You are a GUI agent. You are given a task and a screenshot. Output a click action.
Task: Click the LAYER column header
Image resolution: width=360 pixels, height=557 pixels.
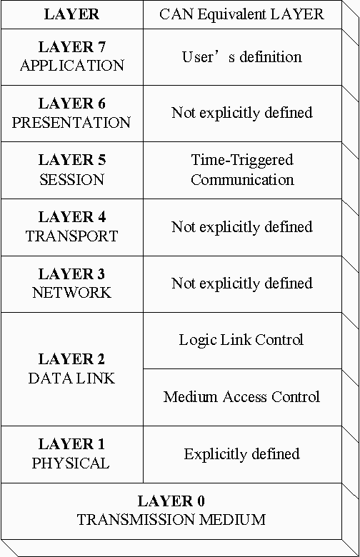click(71, 14)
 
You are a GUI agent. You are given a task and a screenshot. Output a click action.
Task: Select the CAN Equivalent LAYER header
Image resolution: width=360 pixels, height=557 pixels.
click(242, 14)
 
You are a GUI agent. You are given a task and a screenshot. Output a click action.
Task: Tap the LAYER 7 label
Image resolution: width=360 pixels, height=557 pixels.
click(71, 47)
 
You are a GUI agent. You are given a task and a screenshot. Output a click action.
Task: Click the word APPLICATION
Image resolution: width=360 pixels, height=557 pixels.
click(71, 66)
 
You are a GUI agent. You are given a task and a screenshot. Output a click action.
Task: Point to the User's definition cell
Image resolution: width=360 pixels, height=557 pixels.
click(242, 56)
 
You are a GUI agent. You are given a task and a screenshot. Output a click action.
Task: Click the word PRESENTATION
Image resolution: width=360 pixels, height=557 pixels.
click(71, 122)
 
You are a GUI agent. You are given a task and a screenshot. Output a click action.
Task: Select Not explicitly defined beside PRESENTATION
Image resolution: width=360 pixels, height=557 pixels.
click(242, 113)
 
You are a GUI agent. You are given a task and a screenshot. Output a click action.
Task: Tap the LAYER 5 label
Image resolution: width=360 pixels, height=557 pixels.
click(71, 160)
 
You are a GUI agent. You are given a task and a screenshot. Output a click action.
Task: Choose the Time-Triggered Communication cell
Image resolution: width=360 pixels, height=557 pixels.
click(242, 170)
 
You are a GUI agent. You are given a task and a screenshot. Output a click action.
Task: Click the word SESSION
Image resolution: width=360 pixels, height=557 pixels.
click(71, 179)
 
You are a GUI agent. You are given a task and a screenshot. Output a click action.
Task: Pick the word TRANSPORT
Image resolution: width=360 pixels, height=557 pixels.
click(71, 236)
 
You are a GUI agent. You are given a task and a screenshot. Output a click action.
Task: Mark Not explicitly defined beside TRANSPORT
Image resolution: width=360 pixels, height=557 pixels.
click(242, 227)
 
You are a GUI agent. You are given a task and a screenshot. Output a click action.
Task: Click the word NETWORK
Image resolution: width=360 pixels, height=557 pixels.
click(71, 293)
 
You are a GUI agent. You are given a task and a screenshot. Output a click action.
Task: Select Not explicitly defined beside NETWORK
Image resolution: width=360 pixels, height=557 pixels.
click(242, 283)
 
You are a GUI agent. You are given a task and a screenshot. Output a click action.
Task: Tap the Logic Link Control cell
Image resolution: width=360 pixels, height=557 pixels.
click(241, 340)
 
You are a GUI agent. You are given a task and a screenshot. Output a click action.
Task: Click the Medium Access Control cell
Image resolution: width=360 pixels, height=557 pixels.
click(241, 397)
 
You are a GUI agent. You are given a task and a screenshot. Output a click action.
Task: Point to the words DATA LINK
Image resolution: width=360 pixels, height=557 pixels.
click(71, 378)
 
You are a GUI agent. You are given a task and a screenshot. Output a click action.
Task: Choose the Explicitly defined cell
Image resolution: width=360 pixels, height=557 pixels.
click(241, 454)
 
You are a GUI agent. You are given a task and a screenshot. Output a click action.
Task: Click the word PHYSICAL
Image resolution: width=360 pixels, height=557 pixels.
click(71, 463)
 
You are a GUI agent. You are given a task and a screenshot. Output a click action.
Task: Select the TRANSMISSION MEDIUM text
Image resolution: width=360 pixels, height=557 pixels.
click(171, 519)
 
